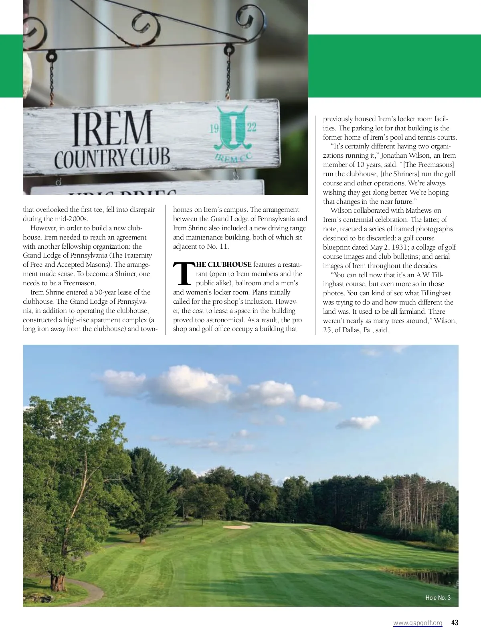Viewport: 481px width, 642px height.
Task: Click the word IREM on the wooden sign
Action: click(112, 128)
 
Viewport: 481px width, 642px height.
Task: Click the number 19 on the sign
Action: click(214, 128)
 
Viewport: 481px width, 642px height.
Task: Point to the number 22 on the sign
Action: click(251, 128)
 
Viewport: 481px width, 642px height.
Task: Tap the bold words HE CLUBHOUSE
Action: click(224, 265)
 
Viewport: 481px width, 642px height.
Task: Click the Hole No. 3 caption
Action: click(438, 598)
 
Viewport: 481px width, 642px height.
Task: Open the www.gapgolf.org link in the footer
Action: click(418, 623)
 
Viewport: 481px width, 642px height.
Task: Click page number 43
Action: click(455, 623)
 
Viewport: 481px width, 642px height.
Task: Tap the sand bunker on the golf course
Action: click(236, 527)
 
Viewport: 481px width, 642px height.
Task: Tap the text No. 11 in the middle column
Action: click(218, 247)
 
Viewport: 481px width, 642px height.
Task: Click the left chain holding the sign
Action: click(51, 80)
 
